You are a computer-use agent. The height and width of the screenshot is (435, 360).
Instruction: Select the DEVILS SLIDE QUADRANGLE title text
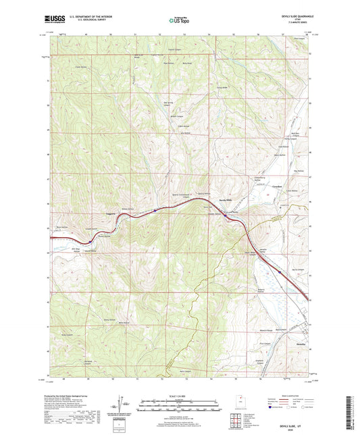click(292, 16)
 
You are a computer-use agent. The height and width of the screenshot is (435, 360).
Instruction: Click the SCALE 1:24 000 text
click(180, 394)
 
